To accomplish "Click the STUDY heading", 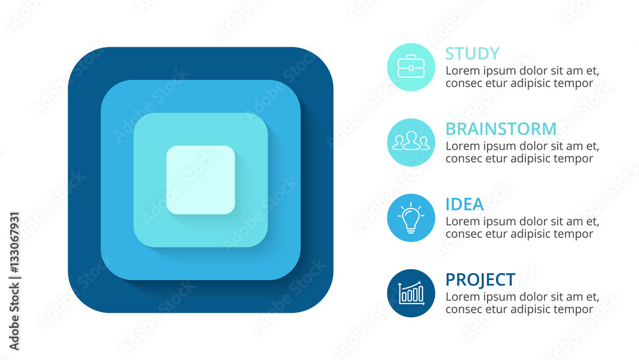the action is (472, 54).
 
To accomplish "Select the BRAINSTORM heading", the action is (501, 129).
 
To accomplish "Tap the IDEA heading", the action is (464, 204).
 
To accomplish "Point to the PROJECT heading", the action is (481, 279).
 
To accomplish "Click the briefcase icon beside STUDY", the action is (411, 67).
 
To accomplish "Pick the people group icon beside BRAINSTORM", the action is (411, 141).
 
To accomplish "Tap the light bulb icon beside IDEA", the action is (411, 217).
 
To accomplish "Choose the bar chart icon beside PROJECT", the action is (411, 293).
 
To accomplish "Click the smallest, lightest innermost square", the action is (201, 180).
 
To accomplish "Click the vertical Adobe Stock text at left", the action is (14, 317).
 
